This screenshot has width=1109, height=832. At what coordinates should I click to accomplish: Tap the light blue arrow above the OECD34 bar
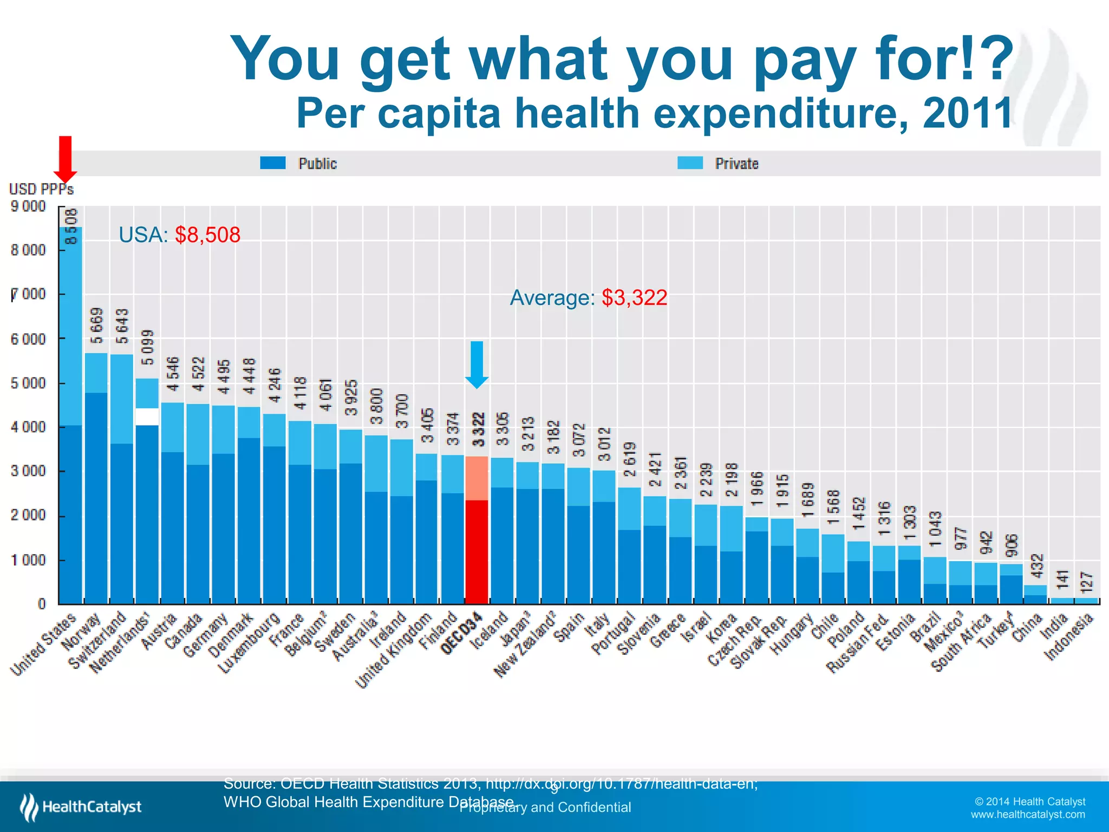(x=477, y=364)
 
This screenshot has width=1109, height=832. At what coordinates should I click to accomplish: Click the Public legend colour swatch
(x=272, y=163)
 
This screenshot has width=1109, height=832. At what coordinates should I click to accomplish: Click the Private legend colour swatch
(x=690, y=163)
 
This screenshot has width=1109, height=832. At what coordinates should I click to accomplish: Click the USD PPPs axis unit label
(x=41, y=189)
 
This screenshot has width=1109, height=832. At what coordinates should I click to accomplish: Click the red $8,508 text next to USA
(x=207, y=235)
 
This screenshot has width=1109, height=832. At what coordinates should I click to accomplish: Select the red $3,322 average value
(x=634, y=298)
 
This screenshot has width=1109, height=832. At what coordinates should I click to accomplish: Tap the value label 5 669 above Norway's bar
(x=96, y=326)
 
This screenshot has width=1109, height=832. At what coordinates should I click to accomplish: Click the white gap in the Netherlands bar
(x=147, y=417)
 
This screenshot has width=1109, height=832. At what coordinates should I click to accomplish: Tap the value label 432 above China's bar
(x=1035, y=566)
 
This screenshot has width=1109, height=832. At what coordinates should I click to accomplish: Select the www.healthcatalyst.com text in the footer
(x=1027, y=815)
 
